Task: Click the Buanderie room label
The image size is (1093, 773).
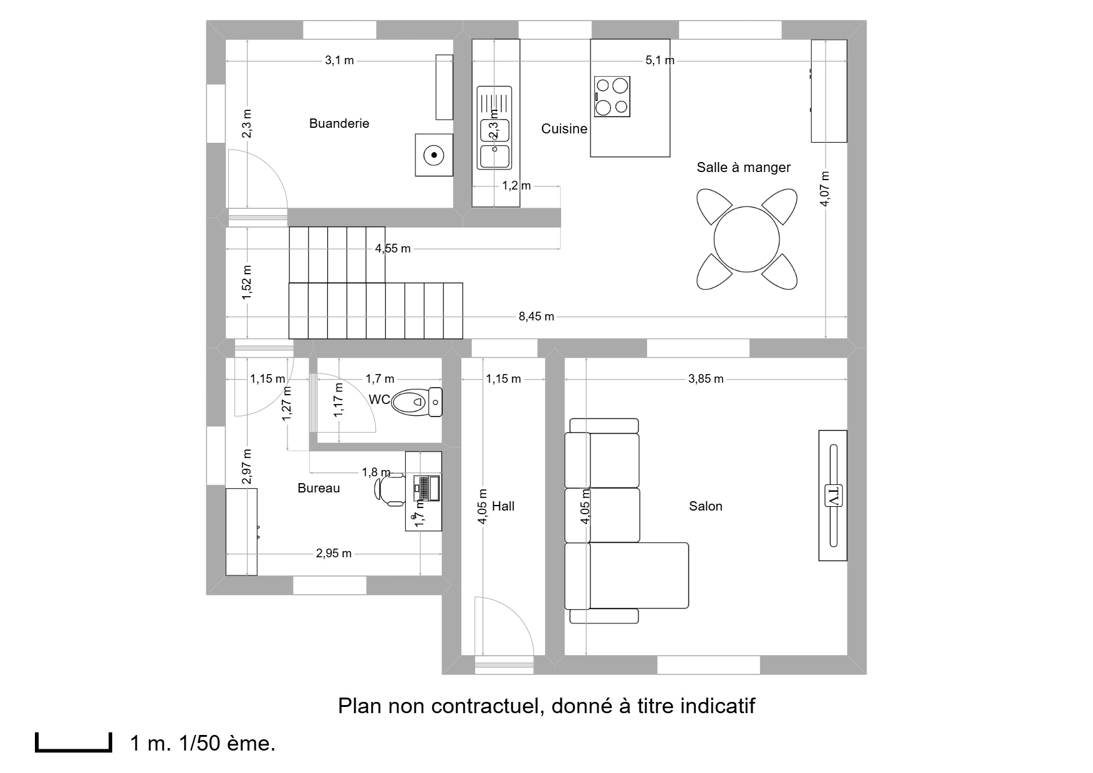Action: [339, 123]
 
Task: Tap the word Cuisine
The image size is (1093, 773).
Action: [564, 129]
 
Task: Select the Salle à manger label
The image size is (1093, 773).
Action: [743, 168]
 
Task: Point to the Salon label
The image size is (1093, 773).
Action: [706, 506]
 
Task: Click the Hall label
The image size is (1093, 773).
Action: [503, 506]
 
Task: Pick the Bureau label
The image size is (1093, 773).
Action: [319, 488]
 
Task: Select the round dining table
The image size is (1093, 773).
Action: [746, 239]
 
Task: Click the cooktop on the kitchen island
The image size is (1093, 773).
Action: [612, 97]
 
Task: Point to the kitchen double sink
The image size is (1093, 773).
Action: [494, 128]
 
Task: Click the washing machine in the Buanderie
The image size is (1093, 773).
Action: [434, 155]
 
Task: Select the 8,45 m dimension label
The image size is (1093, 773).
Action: [536, 317]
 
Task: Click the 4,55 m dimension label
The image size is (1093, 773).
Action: [393, 249]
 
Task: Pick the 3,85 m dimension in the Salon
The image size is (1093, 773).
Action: [706, 379]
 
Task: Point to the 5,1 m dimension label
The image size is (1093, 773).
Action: [660, 60]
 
